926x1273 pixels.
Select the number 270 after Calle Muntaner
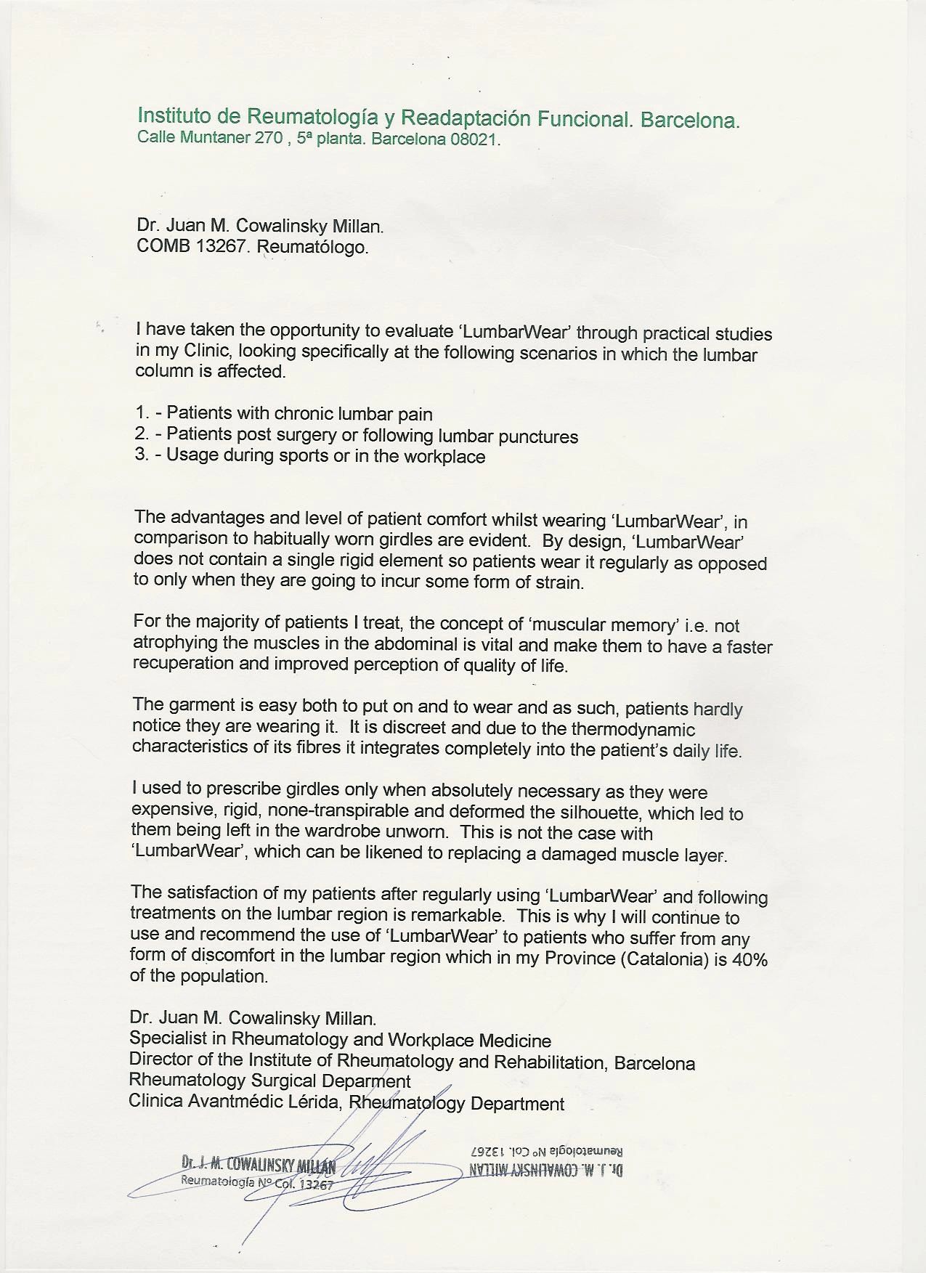tap(266, 137)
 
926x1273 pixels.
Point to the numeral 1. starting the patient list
tap(142, 413)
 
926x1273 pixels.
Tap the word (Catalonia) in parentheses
tap(664, 959)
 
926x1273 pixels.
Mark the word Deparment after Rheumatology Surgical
tap(366, 1082)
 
